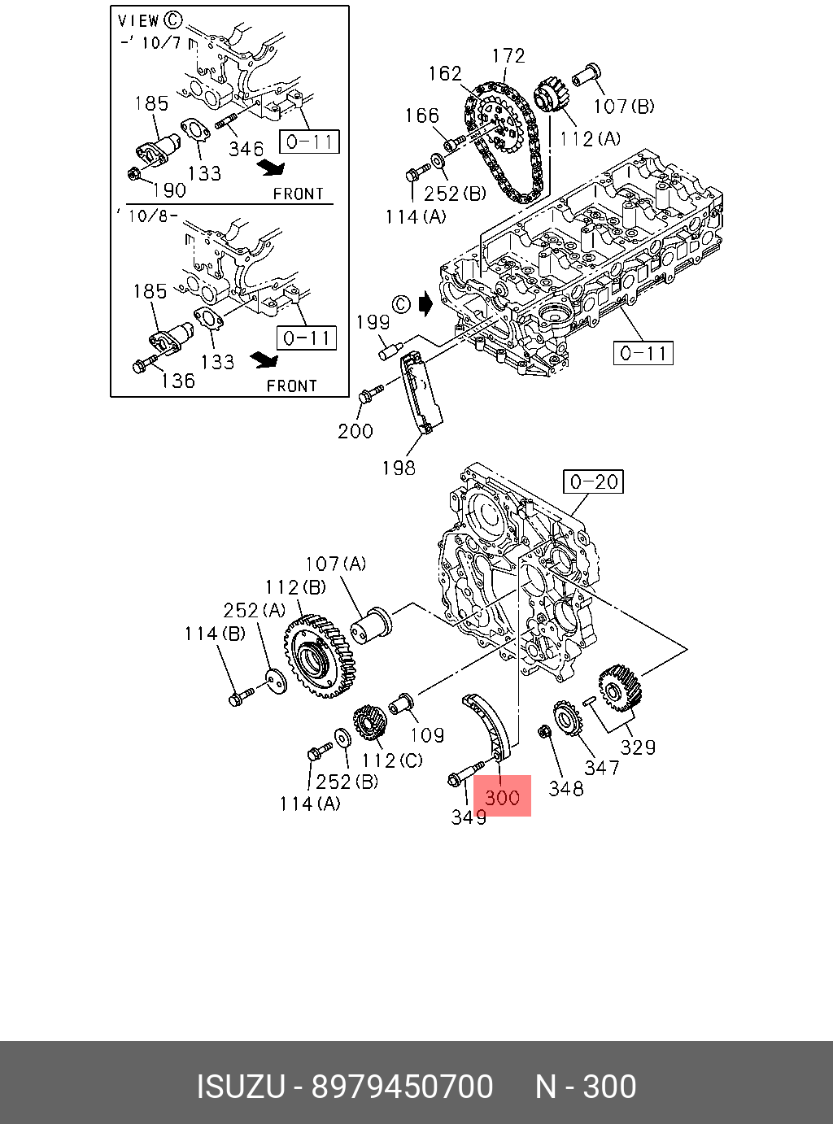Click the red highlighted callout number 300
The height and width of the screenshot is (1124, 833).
point(502,796)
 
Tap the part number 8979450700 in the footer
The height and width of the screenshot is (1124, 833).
point(403,1087)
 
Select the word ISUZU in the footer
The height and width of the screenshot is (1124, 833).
point(241,1087)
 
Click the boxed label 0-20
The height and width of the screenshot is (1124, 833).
point(594,481)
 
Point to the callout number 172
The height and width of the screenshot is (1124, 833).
point(508,56)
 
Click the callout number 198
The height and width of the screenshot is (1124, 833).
point(399,468)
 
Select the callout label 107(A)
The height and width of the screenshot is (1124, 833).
point(335,564)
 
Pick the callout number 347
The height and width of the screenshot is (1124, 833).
point(601,767)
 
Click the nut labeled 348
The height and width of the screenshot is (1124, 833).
point(546,733)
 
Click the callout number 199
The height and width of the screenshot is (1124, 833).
point(373,322)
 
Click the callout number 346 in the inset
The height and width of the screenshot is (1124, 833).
point(246,149)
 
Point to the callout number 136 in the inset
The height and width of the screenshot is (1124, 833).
point(178,381)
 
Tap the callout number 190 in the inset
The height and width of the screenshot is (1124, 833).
point(169,190)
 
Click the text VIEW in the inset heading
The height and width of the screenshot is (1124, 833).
point(138,21)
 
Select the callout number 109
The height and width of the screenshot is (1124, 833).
point(427,735)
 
